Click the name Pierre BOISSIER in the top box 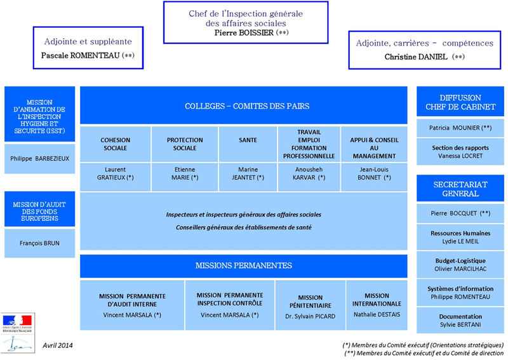(244, 32)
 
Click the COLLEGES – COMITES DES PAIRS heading (247, 106)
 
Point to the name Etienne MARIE (184, 174)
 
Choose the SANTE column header (248, 140)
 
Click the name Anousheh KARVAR (309, 174)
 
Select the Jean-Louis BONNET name (373, 174)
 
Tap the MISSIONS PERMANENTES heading (244, 265)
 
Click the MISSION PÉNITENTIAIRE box (310, 301)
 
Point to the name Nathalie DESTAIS (377, 314)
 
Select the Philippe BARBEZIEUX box (39, 159)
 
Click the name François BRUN (39, 243)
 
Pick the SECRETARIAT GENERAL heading (460, 189)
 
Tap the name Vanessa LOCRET (460, 156)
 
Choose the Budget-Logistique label (460, 260)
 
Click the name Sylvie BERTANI (460, 325)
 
